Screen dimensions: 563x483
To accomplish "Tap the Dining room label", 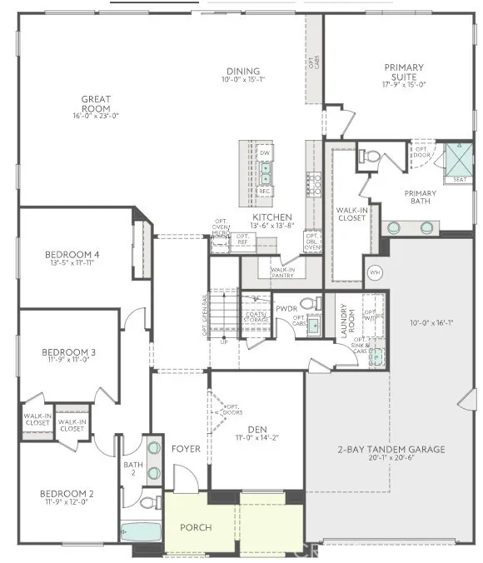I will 242,72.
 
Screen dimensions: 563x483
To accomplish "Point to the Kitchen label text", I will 271,217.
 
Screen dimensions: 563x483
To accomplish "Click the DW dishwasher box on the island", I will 265,153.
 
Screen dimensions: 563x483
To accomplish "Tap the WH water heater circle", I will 374,272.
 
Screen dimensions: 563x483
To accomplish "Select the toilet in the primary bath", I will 371,156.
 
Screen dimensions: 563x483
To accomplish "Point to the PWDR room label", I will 286,308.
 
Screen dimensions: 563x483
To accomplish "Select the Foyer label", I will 186,448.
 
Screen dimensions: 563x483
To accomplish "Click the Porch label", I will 197,527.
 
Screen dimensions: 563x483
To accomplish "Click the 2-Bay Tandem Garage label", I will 391,449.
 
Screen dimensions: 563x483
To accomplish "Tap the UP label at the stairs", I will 223,342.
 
